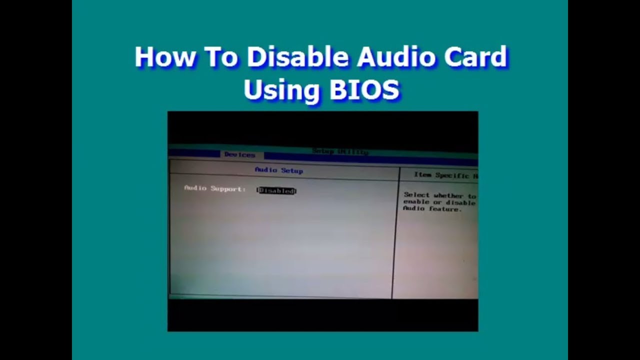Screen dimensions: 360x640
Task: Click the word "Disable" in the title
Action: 298,57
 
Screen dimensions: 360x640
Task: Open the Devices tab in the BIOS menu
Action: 240,155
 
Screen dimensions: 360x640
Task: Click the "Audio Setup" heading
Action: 279,170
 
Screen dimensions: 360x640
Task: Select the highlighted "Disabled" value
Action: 276,190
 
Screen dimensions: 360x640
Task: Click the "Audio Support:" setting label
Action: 215,189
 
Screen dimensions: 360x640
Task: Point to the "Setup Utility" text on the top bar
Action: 340,151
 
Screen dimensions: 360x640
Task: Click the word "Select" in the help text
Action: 416,195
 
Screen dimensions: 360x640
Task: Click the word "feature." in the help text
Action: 444,209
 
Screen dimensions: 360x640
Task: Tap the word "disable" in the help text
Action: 461,203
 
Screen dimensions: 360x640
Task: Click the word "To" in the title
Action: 220,57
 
